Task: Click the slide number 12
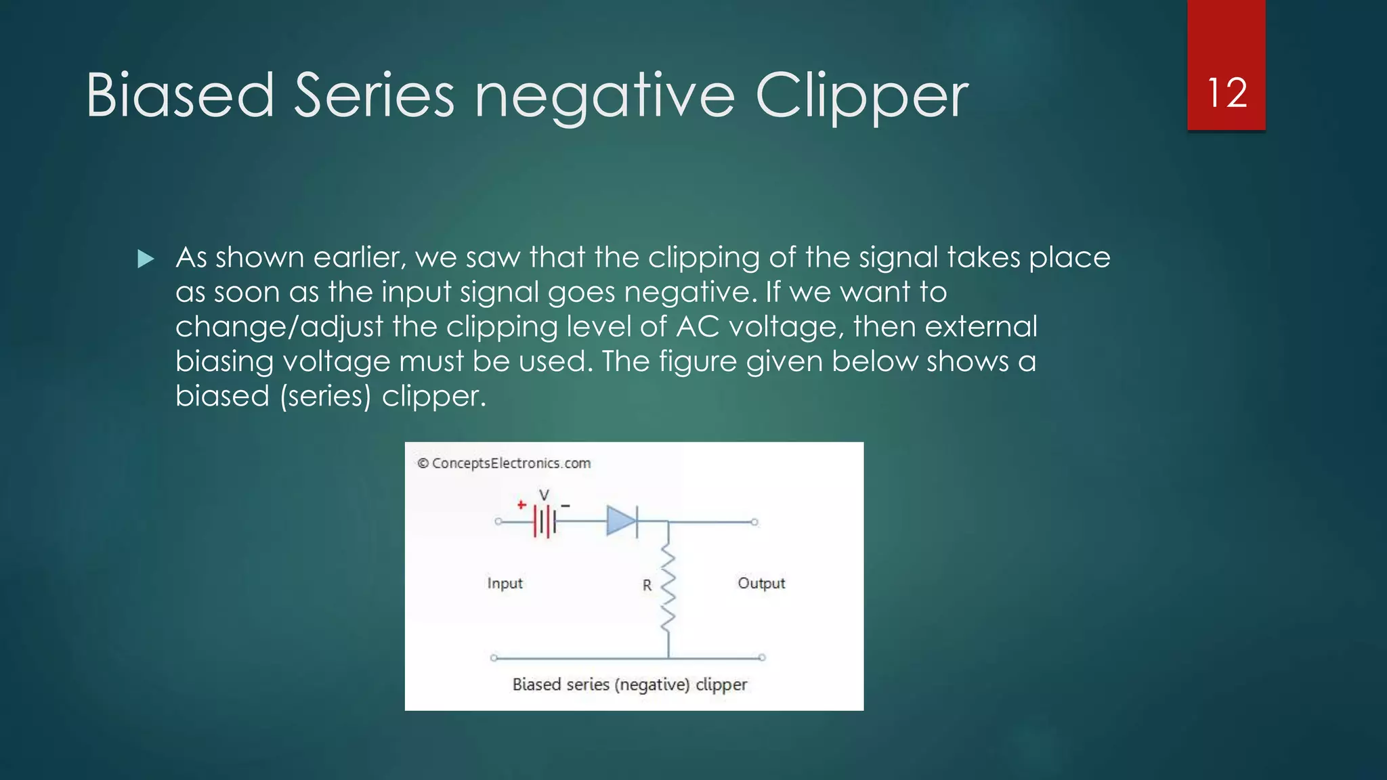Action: (1226, 93)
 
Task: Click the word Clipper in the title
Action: (861, 97)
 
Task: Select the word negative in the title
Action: (604, 97)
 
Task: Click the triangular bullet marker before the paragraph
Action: (146, 259)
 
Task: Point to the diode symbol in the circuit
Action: (622, 521)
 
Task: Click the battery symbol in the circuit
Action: (545, 522)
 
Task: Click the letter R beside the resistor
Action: (647, 585)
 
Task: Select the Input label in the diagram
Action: (505, 583)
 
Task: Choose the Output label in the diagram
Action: (761, 583)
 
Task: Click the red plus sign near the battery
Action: (521, 504)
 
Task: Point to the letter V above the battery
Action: (543, 495)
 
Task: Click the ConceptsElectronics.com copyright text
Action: (504, 463)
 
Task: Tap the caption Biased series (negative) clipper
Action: (629, 685)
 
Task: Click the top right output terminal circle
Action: (754, 522)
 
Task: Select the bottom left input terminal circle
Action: (494, 657)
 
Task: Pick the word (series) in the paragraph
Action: (326, 396)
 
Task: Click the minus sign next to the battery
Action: (566, 506)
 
